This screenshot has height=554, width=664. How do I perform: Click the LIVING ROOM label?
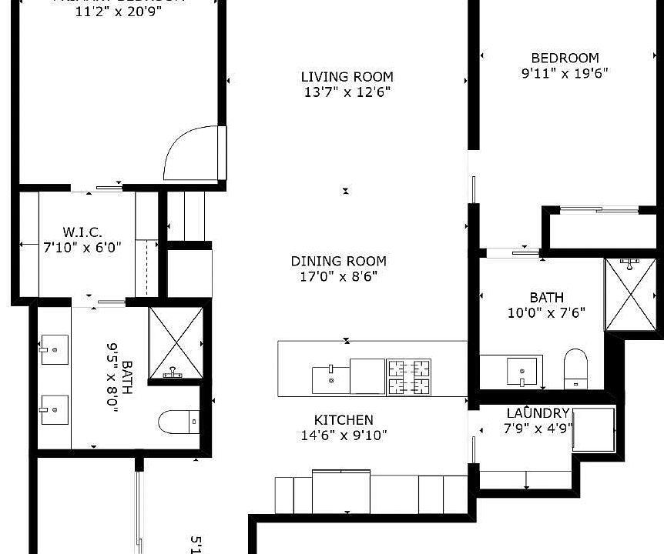click(347, 77)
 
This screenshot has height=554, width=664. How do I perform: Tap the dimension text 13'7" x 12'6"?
click(347, 93)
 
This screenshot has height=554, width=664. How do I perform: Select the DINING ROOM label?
click(339, 262)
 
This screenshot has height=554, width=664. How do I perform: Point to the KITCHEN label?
click(344, 420)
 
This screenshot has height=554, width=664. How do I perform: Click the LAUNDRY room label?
click(538, 413)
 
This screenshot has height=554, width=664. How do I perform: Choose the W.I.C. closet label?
click(82, 232)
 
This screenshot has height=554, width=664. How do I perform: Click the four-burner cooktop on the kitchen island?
click(408, 377)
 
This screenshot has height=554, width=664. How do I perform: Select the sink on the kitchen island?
click(330, 378)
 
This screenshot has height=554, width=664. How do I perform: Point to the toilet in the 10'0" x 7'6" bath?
click(575, 369)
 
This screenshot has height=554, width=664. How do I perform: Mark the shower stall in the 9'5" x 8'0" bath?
click(176, 343)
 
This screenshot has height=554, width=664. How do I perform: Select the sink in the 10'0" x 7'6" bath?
click(522, 371)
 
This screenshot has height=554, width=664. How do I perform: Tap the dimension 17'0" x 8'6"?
click(339, 276)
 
